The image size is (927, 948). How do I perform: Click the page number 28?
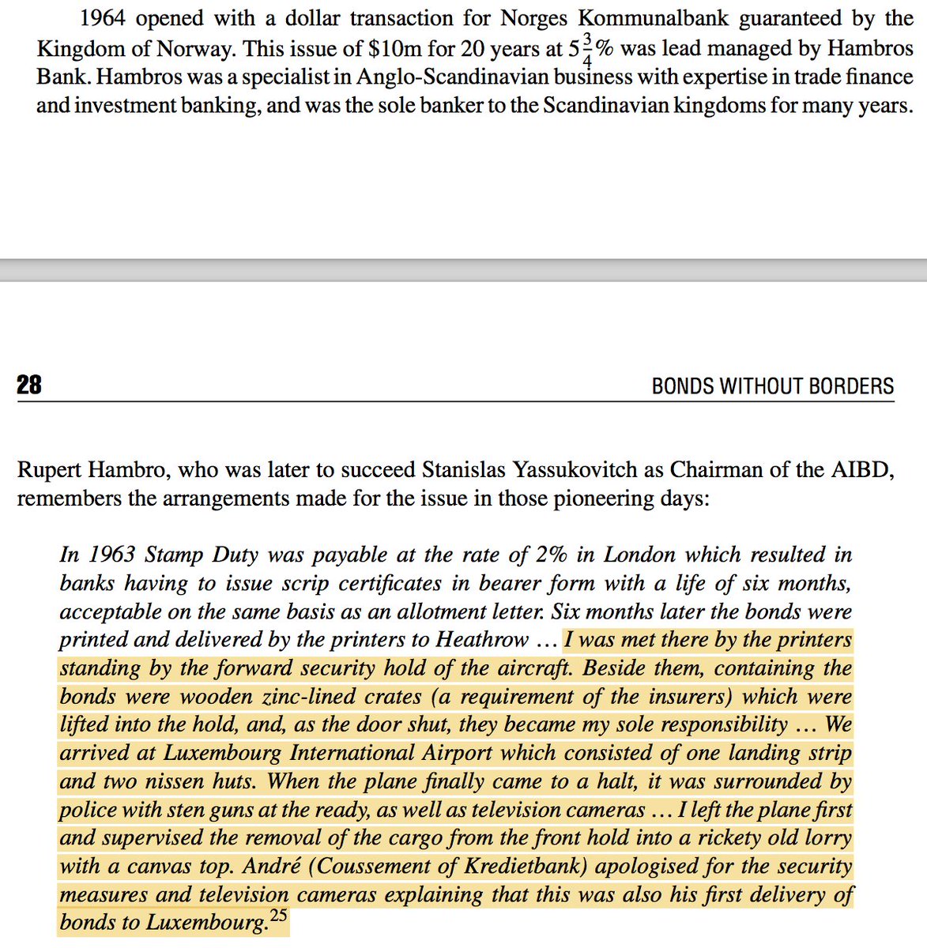[29, 386]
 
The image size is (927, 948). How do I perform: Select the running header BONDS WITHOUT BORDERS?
[772, 386]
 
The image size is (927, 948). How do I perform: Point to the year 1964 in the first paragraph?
[104, 20]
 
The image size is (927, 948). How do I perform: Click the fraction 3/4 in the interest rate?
[586, 48]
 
